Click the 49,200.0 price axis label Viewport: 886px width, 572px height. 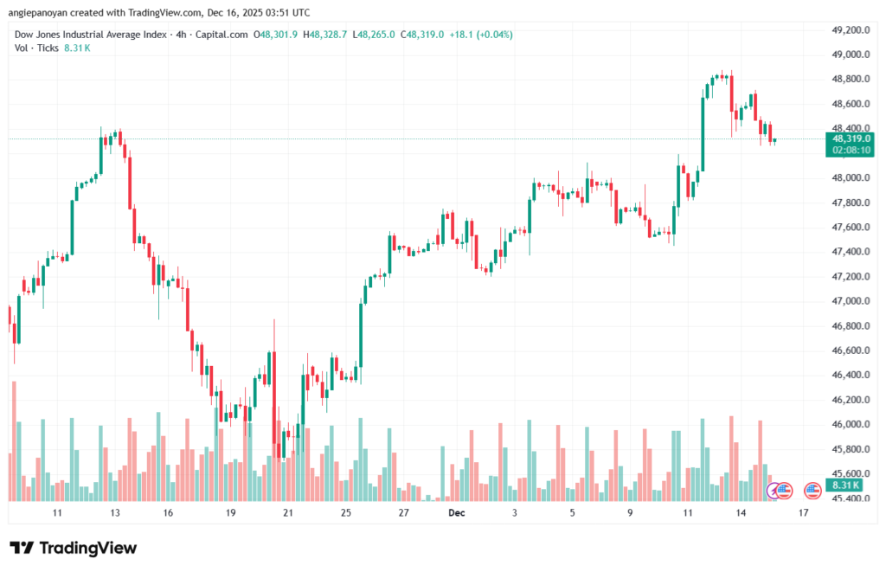coord(849,30)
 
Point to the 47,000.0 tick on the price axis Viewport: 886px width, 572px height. coord(849,301)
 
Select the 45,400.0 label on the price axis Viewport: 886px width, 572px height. coord(849,498)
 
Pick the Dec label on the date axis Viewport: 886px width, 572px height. coord(457,513)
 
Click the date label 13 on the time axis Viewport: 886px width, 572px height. coord(114,513)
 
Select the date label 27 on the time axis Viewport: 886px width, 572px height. coord(403,513)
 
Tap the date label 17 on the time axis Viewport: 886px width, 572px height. coord(803,513)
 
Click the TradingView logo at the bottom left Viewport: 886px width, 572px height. coord(73,548)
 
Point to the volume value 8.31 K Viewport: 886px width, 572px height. coord(77,48)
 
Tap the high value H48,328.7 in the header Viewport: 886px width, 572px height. coord(324,35)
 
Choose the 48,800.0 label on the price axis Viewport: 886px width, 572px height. coord(849,79)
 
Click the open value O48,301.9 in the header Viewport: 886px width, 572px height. coord(275,35)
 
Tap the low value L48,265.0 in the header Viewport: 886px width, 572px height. coord(372,35)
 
